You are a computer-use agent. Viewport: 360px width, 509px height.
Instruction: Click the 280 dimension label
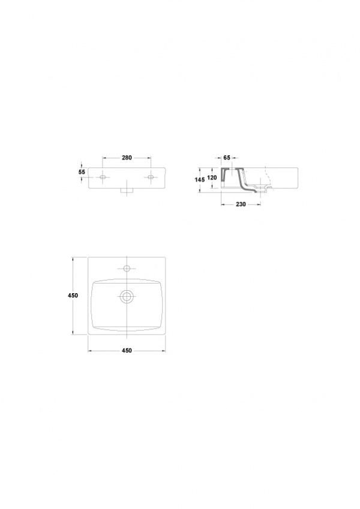(127, 158)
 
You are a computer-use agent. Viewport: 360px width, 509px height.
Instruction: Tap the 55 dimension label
(82, 171)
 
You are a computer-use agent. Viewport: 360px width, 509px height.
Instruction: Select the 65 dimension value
(227, 158)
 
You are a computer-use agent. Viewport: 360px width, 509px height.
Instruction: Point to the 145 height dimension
(199, 179)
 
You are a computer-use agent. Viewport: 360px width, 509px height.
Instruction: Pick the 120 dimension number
(212, 178)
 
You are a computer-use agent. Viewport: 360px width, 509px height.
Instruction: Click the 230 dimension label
(241, 204)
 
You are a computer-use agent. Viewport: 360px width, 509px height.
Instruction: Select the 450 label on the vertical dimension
(73, 296)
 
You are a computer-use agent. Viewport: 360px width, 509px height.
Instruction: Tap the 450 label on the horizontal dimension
(127, 351)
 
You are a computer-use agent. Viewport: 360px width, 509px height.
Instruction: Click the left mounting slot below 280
(103, 177)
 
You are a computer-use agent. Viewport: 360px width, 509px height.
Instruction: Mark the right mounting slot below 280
(151, 177)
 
